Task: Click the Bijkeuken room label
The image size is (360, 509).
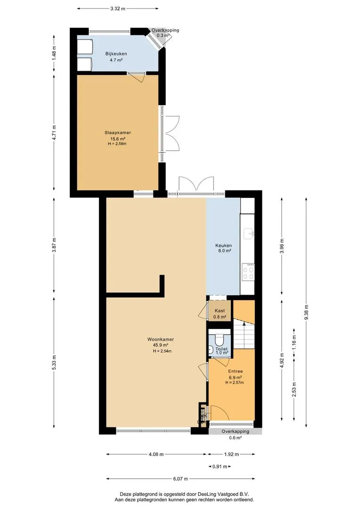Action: click(x=116, y=54)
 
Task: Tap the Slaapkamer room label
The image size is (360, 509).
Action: click(x=117, y=133)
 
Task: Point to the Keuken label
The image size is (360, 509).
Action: click(x=224, y=246)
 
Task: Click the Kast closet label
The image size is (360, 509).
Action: click(x=220, y=311)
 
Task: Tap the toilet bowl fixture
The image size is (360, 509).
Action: click(x=220, y=339)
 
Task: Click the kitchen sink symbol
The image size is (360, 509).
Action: click(x=249, y=233)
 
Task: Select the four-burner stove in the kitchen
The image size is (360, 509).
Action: click(x=248, y=272)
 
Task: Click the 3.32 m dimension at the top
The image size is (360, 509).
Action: click(x=117, y=9)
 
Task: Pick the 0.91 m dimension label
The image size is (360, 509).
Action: click(x=220, y=467)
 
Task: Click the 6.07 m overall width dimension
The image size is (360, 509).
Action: click(x=180, y=479)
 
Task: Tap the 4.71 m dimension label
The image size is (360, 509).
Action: click(x=54, y=133)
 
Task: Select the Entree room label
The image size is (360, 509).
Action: click(x=235, y=371)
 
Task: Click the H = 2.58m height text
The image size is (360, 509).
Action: click(x=117, y=144)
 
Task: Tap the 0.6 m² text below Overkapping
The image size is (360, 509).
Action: click(x=235, y=437)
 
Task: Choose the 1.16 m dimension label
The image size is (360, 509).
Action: click(x=294, y=343)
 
